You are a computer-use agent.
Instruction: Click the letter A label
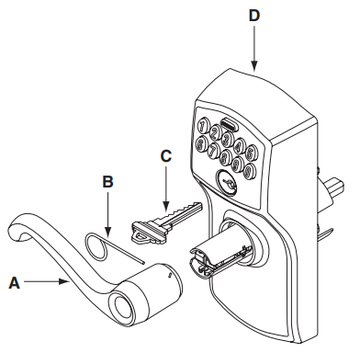[x=13, y=285]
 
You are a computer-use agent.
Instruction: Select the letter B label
[x=107, y=182]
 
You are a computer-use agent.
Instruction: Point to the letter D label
[x=253, y=15]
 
